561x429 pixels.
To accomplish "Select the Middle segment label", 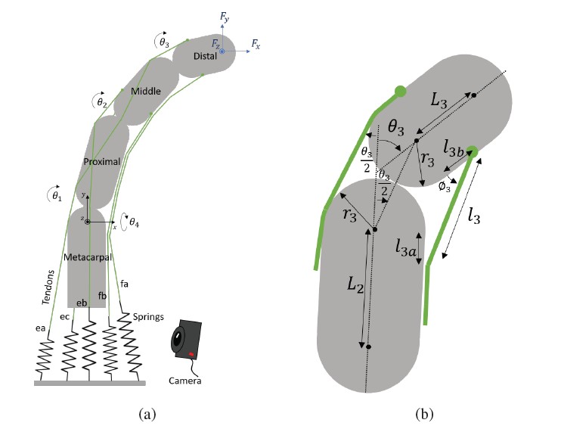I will click(x=146, y=92).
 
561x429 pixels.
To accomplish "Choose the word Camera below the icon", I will click(x=187, y=381).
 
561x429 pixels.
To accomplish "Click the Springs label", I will click(x=148, y=315).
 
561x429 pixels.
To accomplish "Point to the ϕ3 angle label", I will click(x=445, y=184).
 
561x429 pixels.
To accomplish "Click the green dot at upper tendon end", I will click(x=401, y=92).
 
